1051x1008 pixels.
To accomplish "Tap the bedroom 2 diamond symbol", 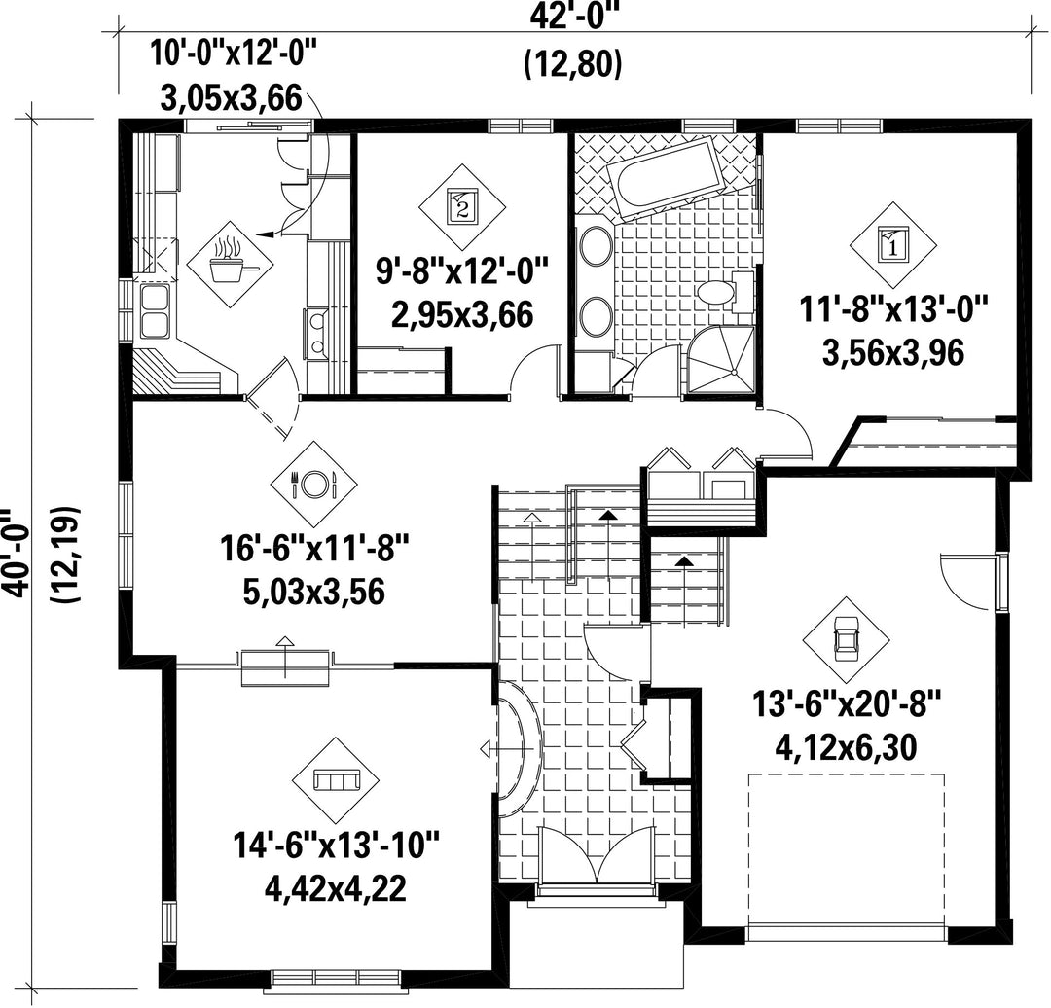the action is tap(462, 207).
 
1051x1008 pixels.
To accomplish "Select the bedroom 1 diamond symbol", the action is tap(893, 244).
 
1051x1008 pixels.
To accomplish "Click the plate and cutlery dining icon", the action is tap(313, 484).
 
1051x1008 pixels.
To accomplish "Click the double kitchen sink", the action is tap(154, 311).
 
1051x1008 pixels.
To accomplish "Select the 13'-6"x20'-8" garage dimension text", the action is tap(847, 705).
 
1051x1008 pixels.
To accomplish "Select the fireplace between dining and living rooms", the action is tap(286, 667).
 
